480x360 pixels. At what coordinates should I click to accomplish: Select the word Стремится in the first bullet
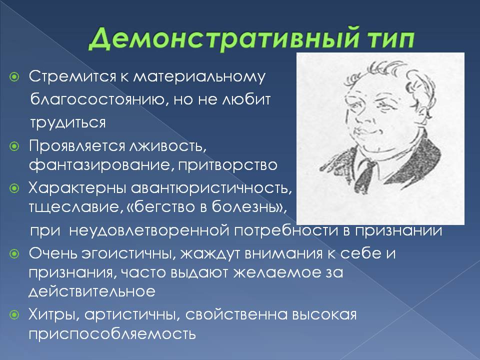(x=72, y=76)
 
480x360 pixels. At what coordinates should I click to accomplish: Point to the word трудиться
(x=68, y=123)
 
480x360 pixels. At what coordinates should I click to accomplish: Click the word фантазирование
(x=99, y=165)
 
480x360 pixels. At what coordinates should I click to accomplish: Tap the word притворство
(x=228, y=165)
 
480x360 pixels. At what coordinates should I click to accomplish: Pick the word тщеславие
(x=74, y=207)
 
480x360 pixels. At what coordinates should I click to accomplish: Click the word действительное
(x=92, y=291)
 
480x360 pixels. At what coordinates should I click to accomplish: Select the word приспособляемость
(x=112, y=334)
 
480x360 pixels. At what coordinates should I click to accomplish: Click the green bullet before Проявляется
(x=14, y=146)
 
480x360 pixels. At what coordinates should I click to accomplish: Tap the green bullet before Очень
(x=14, y=254)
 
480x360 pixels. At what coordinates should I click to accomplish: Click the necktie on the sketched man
(x=365, y=176)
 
